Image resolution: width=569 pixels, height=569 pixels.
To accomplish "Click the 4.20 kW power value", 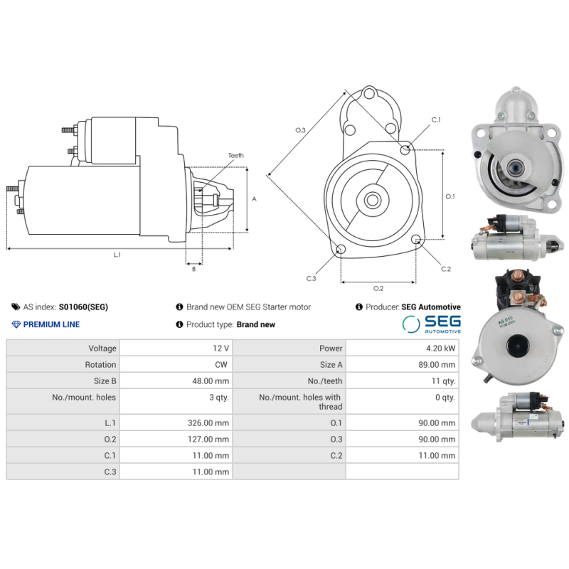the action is [x=440, y=349].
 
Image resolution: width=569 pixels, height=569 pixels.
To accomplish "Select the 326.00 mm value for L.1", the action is [x=208, y=422].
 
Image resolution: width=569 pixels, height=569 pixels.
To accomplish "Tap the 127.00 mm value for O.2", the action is [x=208, y=439].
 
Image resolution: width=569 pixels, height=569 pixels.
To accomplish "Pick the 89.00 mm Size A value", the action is [x=437, y=365].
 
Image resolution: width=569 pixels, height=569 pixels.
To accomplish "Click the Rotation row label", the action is [x=100, y=365].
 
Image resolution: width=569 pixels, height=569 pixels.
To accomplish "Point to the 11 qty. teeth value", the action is [x=443, y=381].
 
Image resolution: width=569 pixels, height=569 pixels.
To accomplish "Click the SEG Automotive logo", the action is [x=432, y=324].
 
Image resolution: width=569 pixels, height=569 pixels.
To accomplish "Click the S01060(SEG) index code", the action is [x=83, y=307].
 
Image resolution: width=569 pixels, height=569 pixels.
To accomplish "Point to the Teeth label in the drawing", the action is [x=236, y=155].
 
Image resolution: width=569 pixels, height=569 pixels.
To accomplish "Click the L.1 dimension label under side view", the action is [x=117, y=255].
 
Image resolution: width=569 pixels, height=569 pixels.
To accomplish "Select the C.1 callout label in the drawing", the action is [x=436, y=119].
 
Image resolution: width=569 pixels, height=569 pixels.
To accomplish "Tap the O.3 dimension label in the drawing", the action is [x=300, y=130].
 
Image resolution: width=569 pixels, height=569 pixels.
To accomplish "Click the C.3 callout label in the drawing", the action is [x=311, y=278].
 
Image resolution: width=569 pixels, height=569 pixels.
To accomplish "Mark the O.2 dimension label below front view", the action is [x=378, y=288].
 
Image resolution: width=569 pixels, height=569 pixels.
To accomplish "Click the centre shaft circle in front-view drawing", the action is [x=373, y=200].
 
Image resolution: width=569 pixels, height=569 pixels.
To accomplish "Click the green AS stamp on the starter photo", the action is [x=507, y=321].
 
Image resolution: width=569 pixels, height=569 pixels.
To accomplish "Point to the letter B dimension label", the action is [x=193, y=269].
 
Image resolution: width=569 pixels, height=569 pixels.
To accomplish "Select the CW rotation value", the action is [x=221, y=365].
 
